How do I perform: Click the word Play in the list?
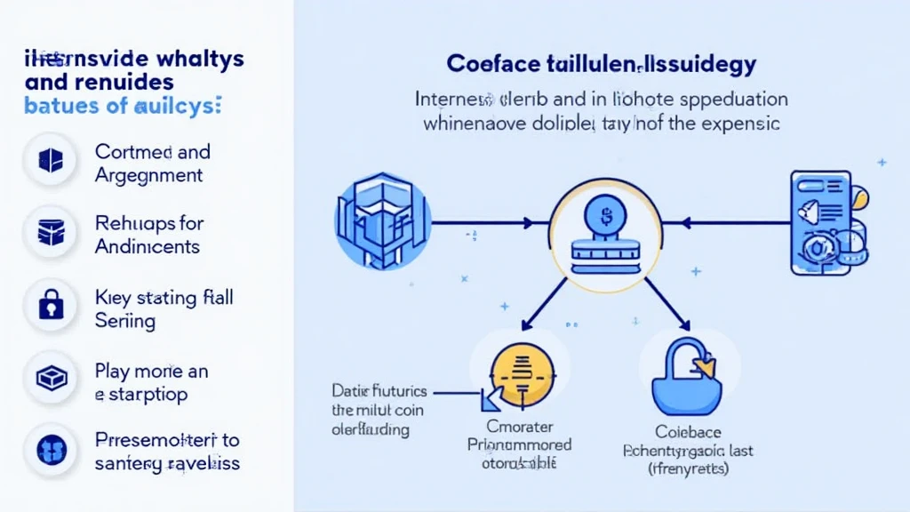113,370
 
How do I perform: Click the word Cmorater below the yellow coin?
519,425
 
